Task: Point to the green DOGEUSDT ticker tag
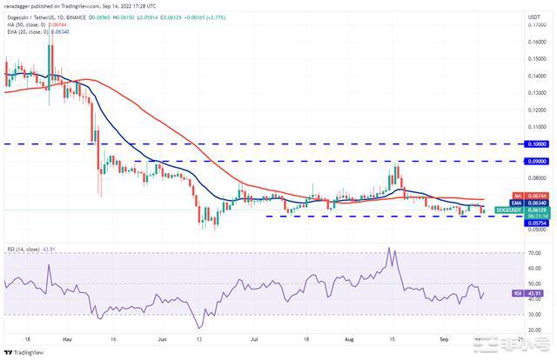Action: pos(507,210)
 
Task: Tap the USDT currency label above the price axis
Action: pos(534,14)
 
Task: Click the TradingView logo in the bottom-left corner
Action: pos(24,352)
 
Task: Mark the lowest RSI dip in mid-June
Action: pos(201,327)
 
